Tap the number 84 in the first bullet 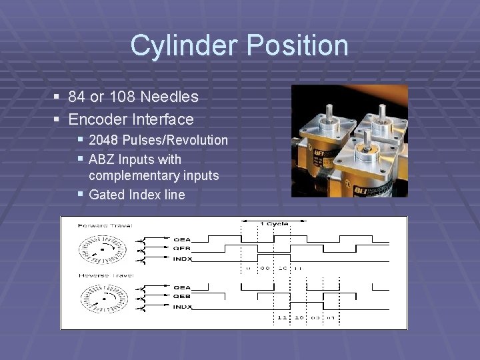[x=77, y=97]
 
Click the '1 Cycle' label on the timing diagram [x=274, y=223]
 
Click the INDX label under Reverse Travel [x=182, y=307]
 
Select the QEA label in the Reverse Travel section [x=182, y=288]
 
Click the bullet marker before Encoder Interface [x=57, y=120]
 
